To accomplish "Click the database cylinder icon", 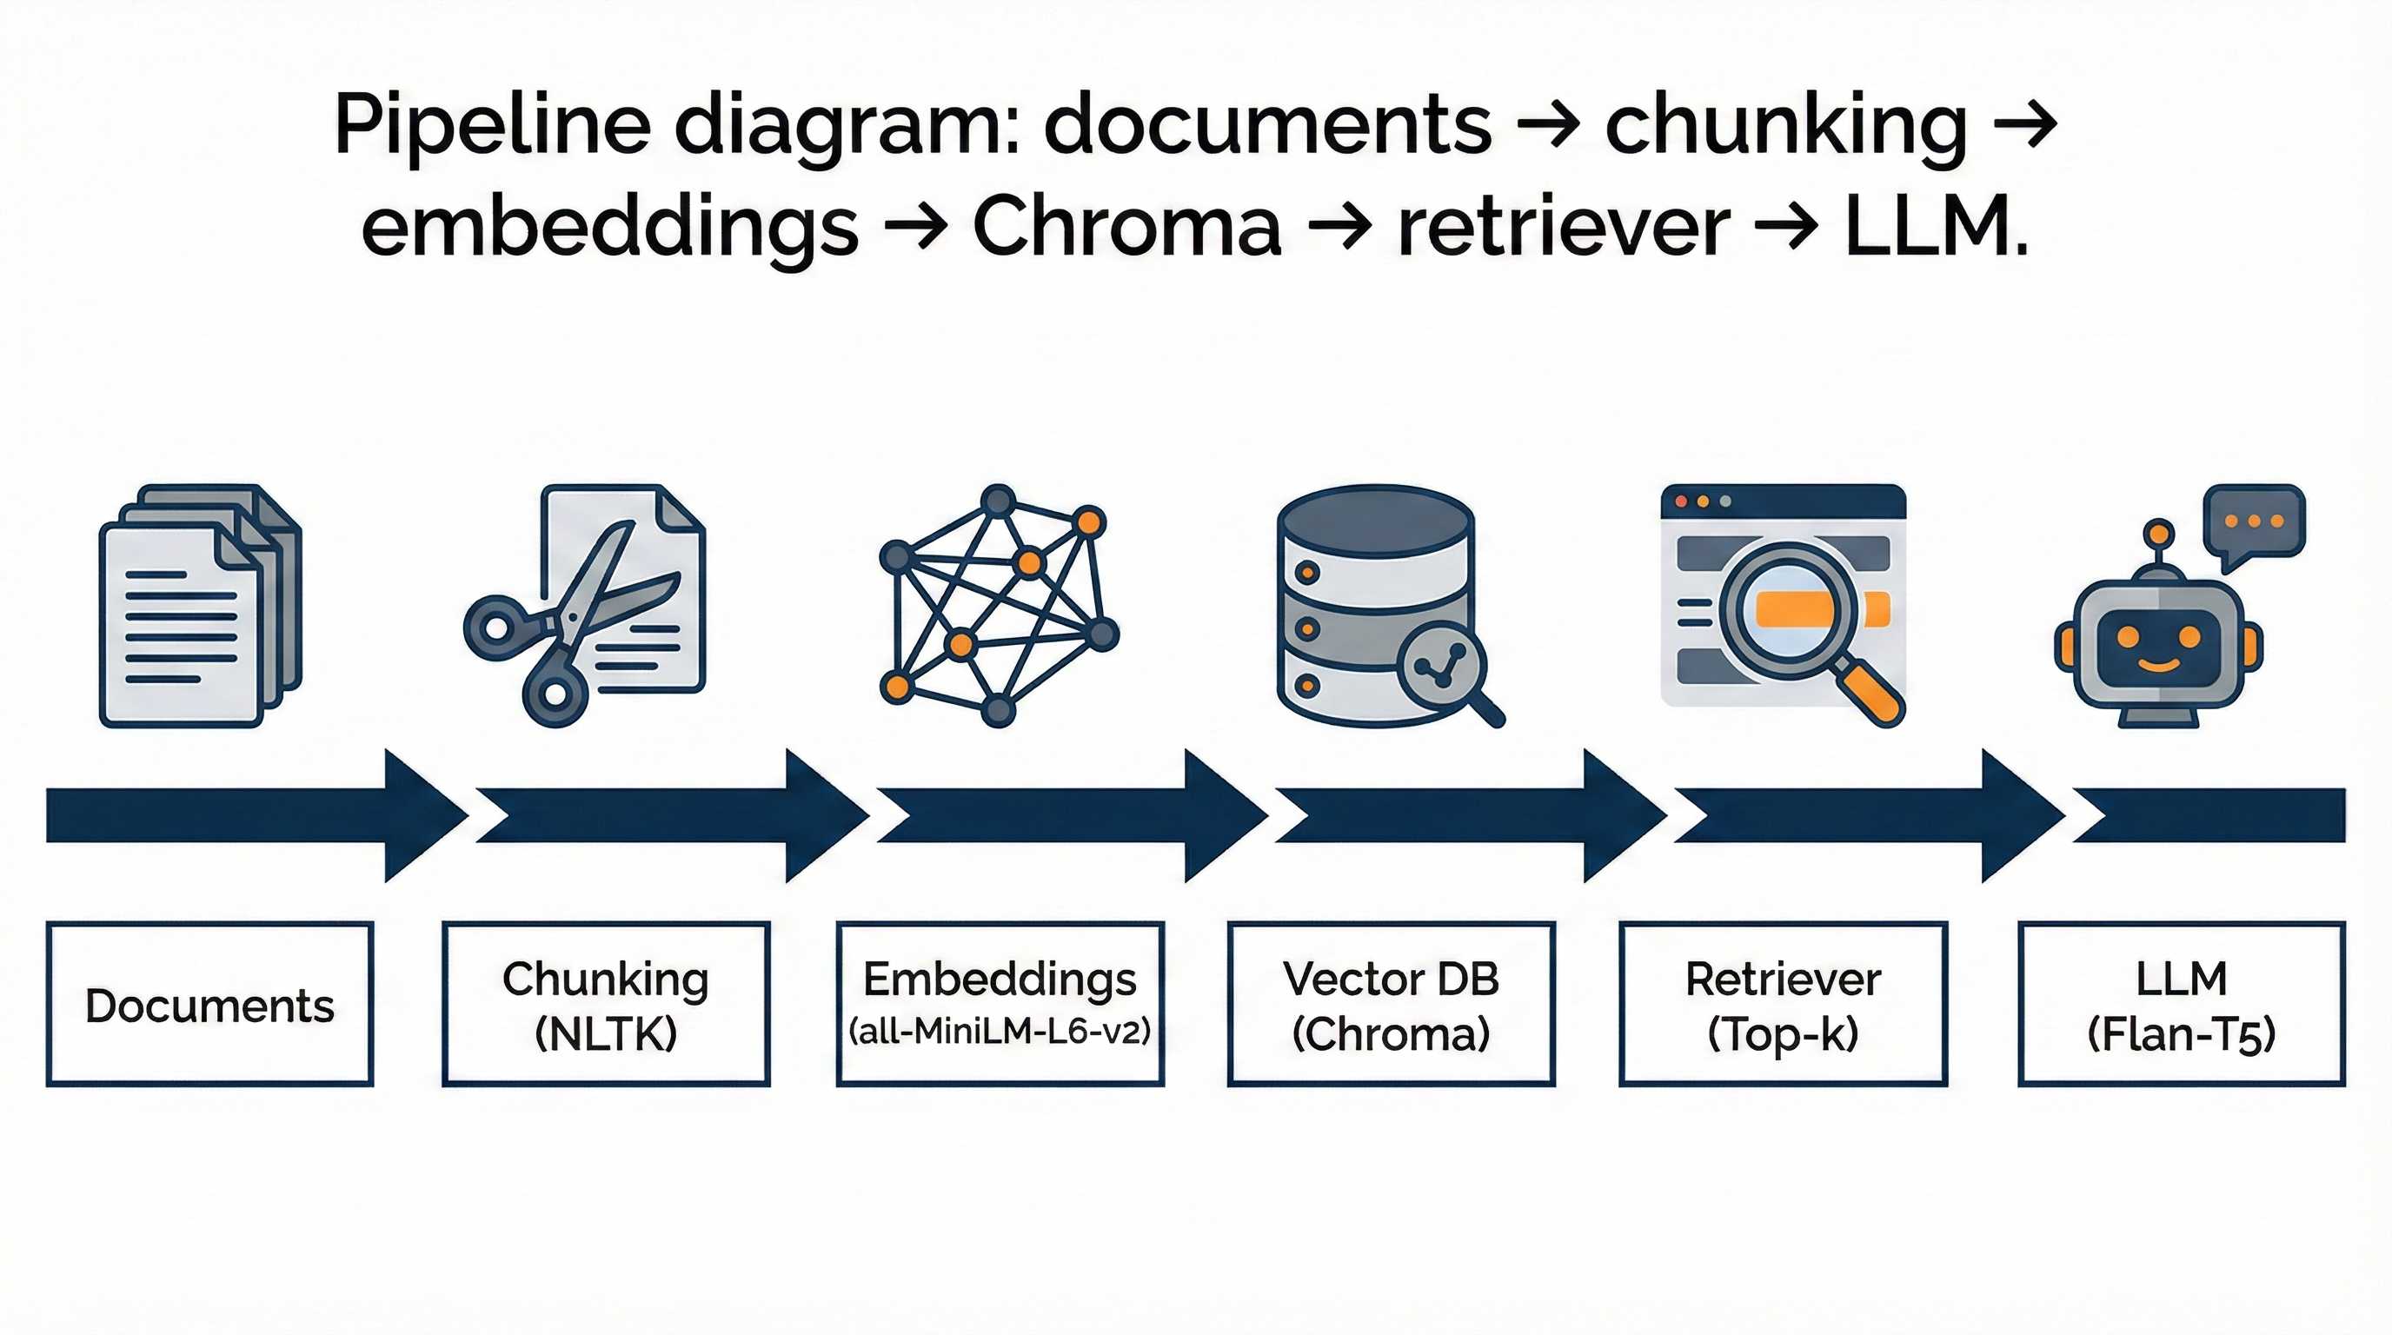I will tap(1374, 603).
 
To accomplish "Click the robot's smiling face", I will tap(2158, 645).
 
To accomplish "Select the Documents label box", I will tap(209, 1005).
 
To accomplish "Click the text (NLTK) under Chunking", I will tap(606, 1033).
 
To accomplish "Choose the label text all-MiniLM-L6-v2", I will tap(1000, 1031).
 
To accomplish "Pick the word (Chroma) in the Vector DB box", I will tap(1391, 1033).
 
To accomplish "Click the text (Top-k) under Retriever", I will tap(1783, 1033).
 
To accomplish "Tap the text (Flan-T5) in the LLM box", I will tap(2181, 1033).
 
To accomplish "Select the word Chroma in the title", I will tap(1126, 228).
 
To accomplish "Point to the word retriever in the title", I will tap(1564, 228).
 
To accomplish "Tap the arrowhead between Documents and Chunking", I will tap(422, 816).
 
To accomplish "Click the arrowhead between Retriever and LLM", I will tap(2019, 816).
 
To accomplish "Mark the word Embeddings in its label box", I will tap(1000, 979).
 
